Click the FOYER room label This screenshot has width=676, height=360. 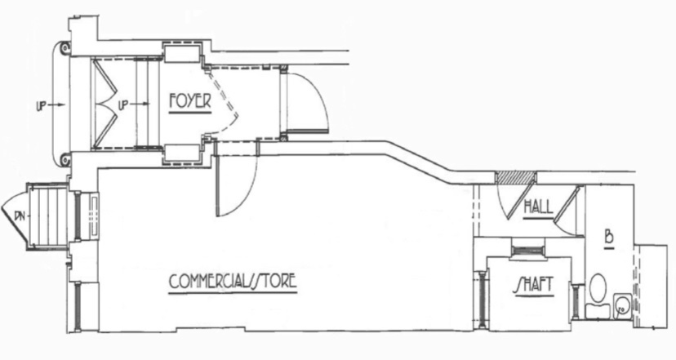189,102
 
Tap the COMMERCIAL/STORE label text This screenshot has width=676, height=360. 233,282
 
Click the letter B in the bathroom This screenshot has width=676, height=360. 608,238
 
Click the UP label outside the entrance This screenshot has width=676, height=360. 42,106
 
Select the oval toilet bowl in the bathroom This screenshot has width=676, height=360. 598,289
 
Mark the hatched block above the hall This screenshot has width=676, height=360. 516,177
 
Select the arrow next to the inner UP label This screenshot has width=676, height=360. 138,106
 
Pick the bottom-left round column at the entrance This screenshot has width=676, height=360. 62,158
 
